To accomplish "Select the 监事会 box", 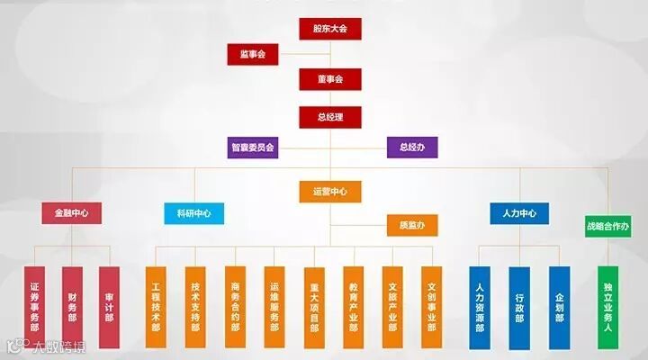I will pos(253,55).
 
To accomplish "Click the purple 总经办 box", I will pos(411,147).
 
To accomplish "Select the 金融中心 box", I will pos(71,213).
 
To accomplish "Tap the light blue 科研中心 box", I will pos(193,213).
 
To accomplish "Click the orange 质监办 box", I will pos(411,224).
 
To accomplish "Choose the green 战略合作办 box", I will pos(607,225).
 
